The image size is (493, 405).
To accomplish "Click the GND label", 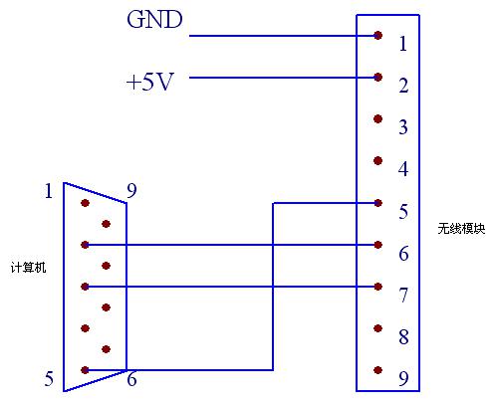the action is [x=154, y=19].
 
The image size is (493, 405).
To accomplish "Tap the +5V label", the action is [x=150, y=82].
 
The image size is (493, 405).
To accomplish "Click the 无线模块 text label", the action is [x=461, y=229].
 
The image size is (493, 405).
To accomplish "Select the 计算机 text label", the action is [x=28, y=267].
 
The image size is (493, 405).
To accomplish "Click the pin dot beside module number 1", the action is [x=377, y=35].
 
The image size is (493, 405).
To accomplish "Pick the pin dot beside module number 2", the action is [x=377, y=78].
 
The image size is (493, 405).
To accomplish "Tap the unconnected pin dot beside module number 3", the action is [x=377, y=118].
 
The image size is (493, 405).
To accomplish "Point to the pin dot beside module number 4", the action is [x=377, y=161].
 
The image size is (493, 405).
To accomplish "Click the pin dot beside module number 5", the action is [x=377, y=203].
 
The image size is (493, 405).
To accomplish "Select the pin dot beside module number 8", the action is [x=377, y=328].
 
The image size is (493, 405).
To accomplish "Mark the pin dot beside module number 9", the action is [x=377, y=370].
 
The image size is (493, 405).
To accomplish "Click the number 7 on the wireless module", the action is [x=403, y=295].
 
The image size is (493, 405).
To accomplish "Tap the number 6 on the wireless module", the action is [x=403, y=253].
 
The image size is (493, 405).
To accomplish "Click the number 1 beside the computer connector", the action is [x=49, y=191].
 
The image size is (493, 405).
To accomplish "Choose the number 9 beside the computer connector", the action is [x=131, y=191].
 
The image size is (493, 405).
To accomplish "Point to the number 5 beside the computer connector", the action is [x=49, y=378].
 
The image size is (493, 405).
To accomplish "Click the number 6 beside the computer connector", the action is [x=131, y=378].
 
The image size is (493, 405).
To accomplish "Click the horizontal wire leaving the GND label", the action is [x=284, y=36].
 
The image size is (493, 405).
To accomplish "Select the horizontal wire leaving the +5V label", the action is [x=284, y=78].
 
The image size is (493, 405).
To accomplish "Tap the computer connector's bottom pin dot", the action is [x=85, y=370].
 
